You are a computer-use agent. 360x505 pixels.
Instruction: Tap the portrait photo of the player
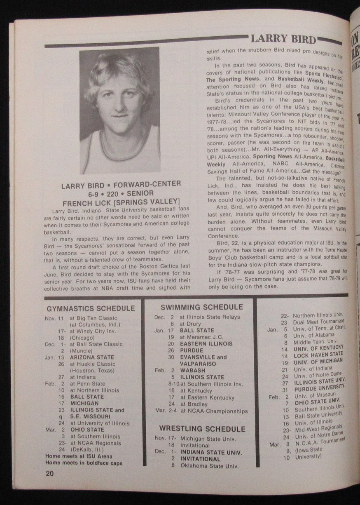point(119,110)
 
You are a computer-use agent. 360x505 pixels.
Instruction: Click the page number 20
point(50,474)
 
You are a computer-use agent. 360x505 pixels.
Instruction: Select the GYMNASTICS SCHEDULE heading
point(91,308)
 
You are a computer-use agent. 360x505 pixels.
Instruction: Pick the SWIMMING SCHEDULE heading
point(201,307)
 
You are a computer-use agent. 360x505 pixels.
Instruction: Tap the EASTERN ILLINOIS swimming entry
point(206,343)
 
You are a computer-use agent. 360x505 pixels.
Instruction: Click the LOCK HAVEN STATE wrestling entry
point(318,354)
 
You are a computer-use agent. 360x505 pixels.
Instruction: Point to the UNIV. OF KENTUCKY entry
point(318,348)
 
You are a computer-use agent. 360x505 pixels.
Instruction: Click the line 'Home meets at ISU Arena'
point(79,456)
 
